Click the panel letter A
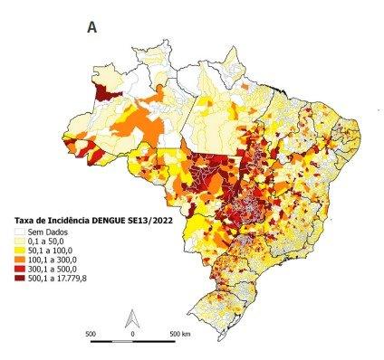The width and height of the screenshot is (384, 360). pos(92,27)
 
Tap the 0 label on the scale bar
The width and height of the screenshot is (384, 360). pos(133,334)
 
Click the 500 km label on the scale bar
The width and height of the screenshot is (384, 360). pos(179,334)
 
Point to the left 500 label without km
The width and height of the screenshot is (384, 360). pos(91,334)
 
